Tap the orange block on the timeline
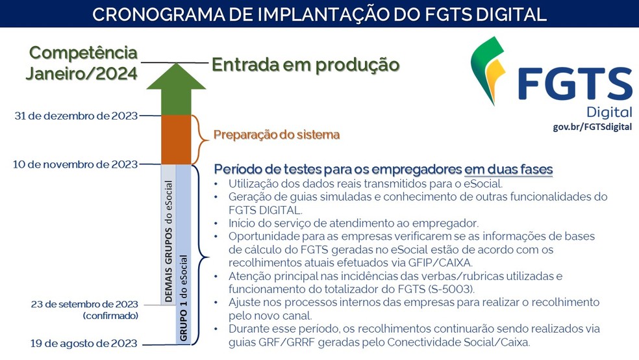pos(175,140)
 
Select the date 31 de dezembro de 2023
pos(76,116)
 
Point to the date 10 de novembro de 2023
pos(75,164)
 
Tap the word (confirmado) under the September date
pos(110,316)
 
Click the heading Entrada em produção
pos(305,64)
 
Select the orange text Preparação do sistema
pos(277,135)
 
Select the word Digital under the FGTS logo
pos(608,111)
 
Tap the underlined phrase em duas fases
pos(508,170)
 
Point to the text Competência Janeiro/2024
pos(84,62)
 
